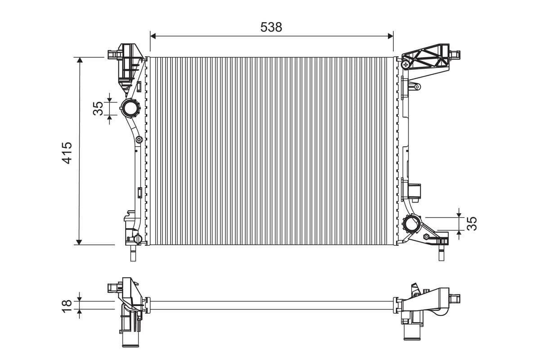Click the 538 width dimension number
[x=271, y=27]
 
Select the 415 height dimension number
[x=67, y=153]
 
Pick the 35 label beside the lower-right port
[x=471, y=224]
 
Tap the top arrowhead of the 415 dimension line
[x=79, y=60]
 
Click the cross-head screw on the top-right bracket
[x=406, y=64]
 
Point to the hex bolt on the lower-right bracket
[x=425, y=237]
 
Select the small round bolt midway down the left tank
[x=139, y=139]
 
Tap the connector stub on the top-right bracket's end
[x=455, y=55]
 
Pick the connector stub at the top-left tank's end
[x=112, y=54]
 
